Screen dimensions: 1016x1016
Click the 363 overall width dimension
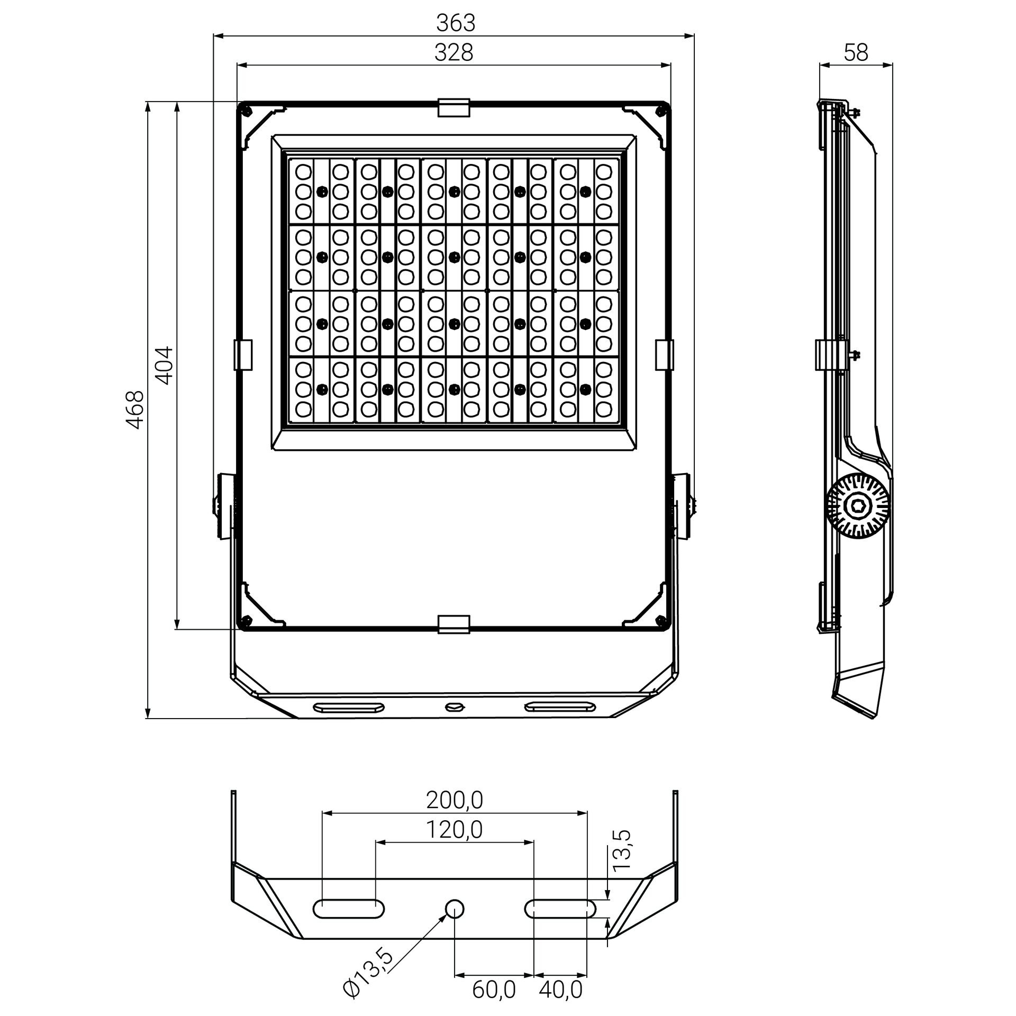tap(456, 23)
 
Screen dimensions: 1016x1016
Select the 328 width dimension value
tap(453, 52)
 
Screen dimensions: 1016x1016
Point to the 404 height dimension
tap(165, 365)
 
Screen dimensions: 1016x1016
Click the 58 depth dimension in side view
tap(856, 52)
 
